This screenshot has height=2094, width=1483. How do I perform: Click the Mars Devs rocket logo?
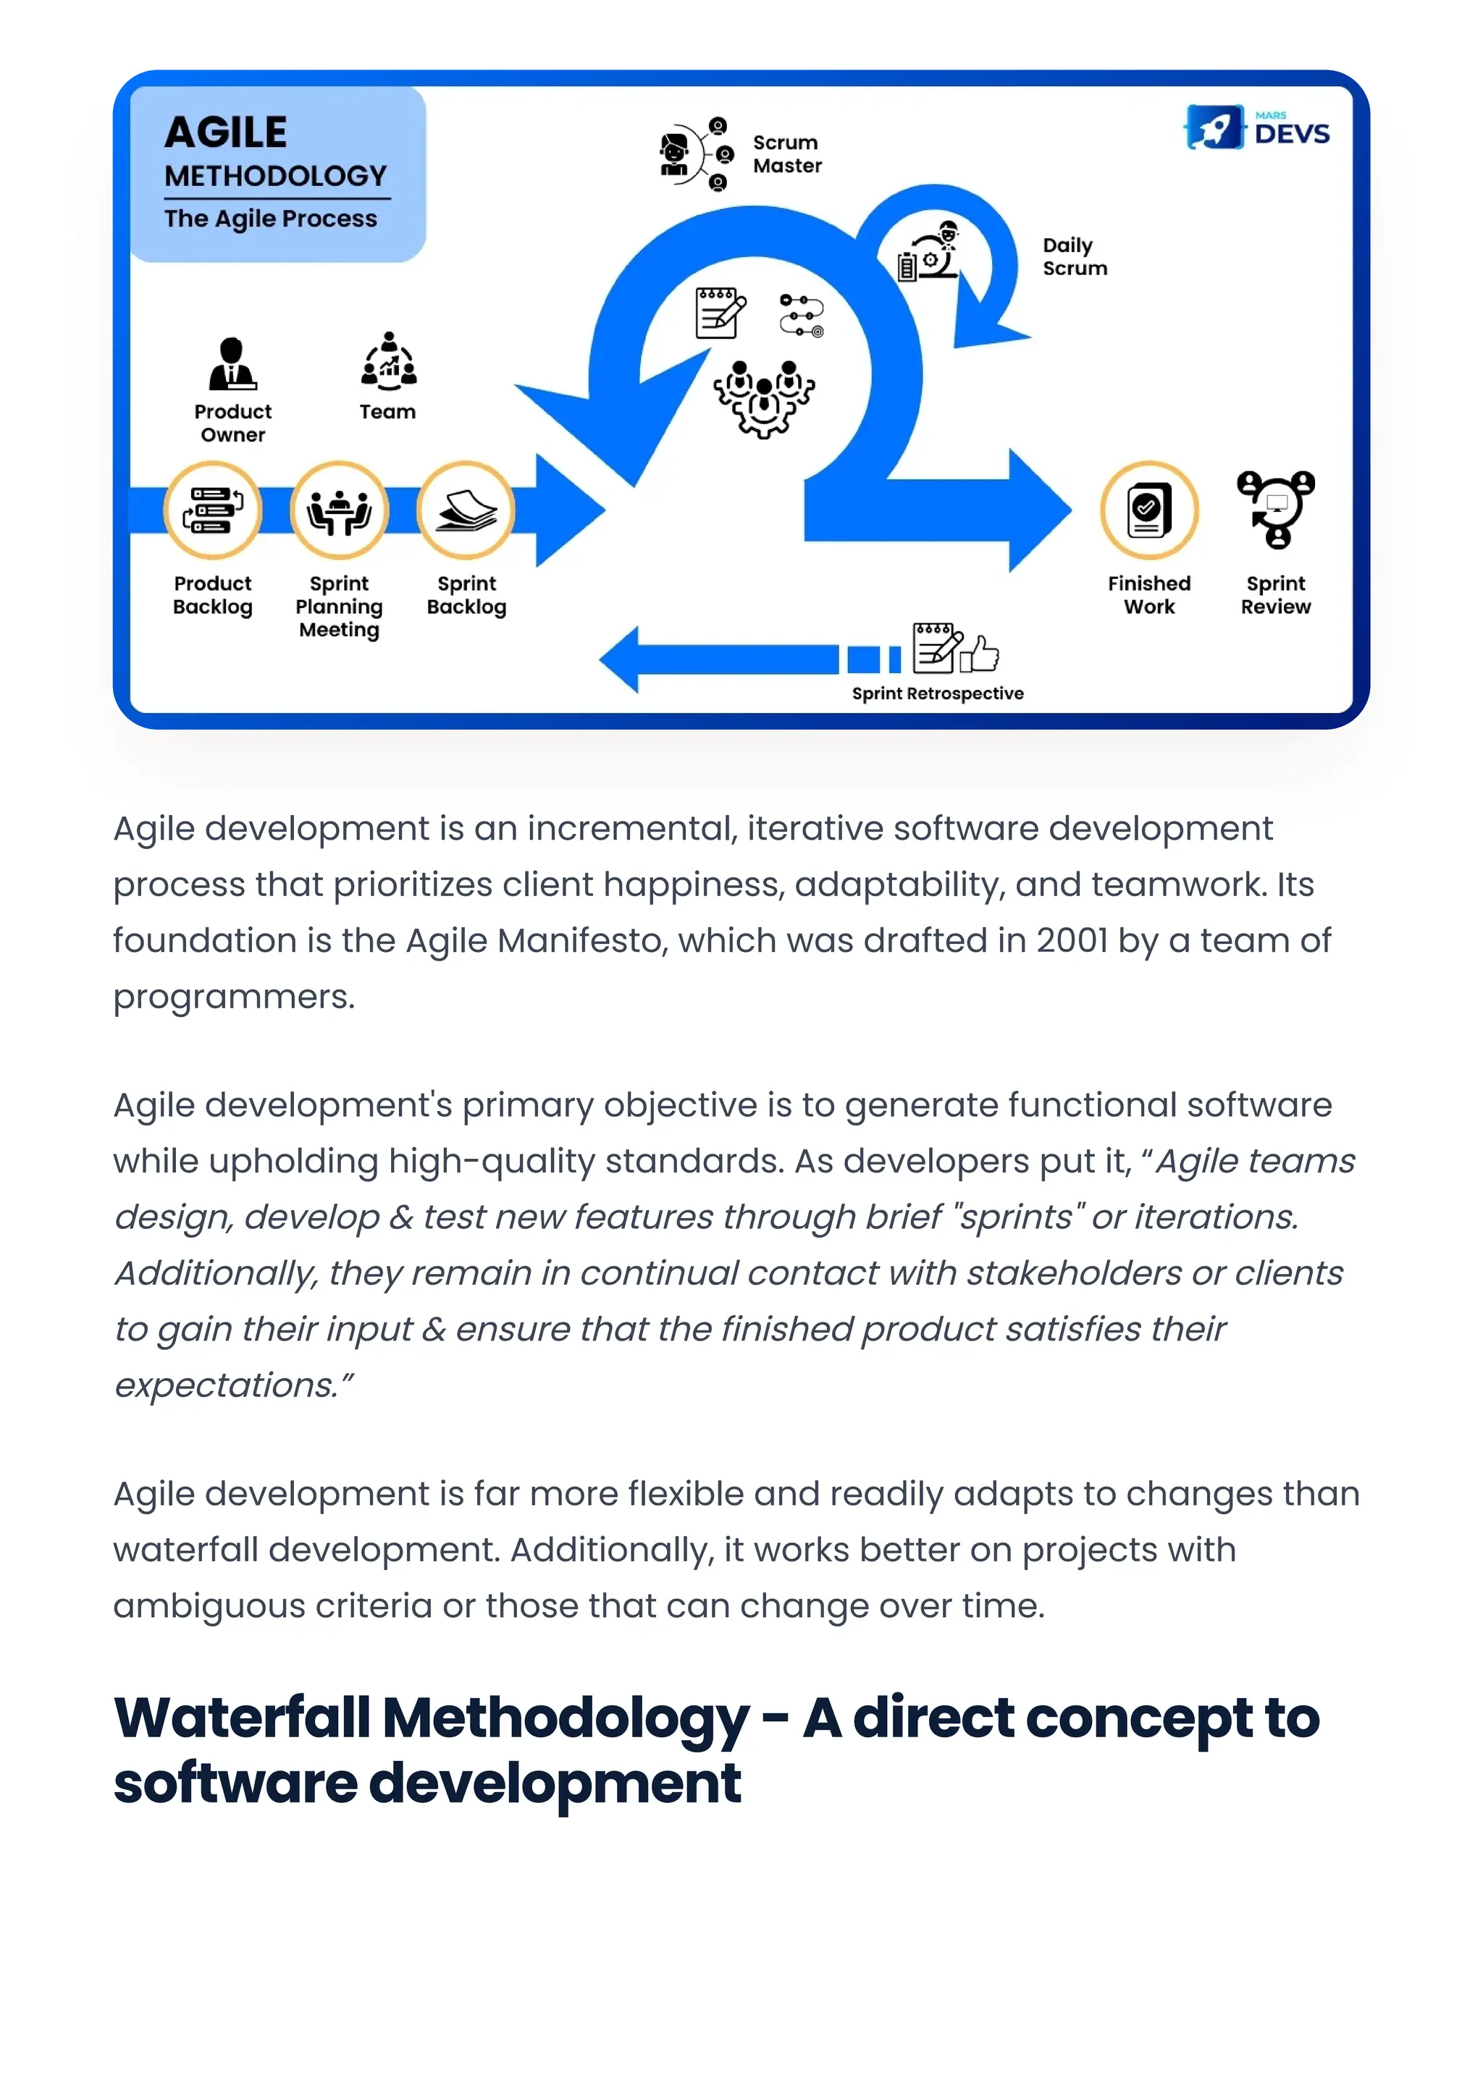(x=1214, y=127)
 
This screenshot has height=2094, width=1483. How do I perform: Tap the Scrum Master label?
(x=786, y=154)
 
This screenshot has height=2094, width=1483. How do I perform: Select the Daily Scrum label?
(x=1074, y=256)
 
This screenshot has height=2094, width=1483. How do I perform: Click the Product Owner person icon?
(x=232, y=363)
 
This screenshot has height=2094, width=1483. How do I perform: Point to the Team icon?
(x=389, y=360)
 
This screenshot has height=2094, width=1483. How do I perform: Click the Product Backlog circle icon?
(x=213, y=510)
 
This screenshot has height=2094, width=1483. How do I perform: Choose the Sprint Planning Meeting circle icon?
(x=340, y=510)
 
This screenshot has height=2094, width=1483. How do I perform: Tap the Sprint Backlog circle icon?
(x=466, y=510)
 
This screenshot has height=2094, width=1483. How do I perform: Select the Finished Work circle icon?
(x=1148, y=510)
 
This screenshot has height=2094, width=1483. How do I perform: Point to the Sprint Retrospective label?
(x=937, y=693)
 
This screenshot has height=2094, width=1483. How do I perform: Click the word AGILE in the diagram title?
(x=225, y=133)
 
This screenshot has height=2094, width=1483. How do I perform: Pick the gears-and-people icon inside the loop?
(x=763, y=399)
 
